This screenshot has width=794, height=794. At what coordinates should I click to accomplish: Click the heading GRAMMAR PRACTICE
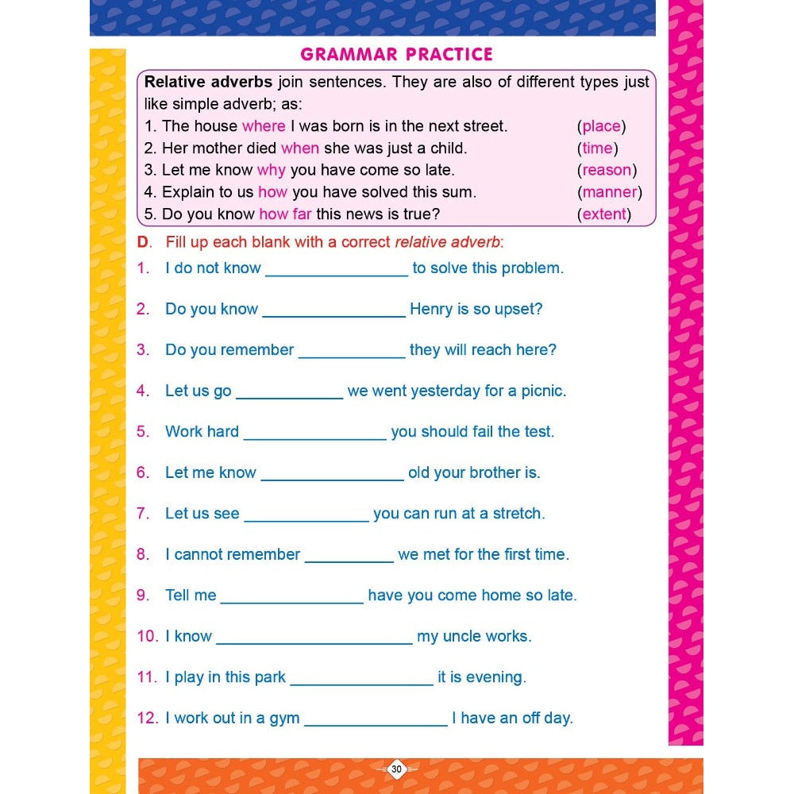pos(396,54)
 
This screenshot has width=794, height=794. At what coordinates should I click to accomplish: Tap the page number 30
pos(397,769)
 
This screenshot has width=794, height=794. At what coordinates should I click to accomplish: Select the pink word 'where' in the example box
pos(264,125)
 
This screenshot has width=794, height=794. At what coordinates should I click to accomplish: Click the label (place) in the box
pos(601,125)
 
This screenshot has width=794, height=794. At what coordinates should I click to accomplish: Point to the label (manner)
pos(609,191)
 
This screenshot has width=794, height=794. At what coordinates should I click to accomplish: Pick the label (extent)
pos(604,214)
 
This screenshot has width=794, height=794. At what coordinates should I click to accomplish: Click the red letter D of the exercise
pos(143,241)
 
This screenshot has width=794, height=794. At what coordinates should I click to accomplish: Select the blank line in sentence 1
pos(337,274)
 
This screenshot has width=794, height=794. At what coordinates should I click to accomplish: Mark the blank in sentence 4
pos(289,397)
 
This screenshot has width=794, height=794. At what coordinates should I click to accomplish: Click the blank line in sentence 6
pos(332,479)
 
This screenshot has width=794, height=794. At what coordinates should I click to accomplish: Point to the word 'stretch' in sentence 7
pos(518,514)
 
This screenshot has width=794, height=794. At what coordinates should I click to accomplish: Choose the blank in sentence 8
pos(349,561)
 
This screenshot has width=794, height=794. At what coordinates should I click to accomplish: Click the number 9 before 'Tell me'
pos(142,595)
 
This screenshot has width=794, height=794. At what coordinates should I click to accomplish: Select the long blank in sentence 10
pos(314,642)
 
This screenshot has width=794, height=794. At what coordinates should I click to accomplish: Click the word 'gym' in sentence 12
pos(284,719)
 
